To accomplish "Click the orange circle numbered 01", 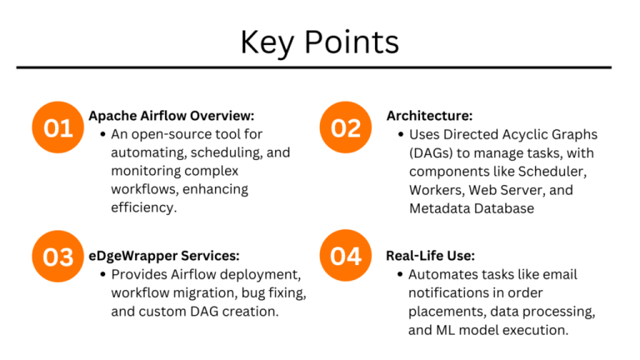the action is (58, 127).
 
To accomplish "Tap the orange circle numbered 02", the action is (346, 127).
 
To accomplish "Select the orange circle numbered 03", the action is (58, 257).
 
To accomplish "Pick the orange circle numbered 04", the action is (346, 256).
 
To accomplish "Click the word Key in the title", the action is (267, 42).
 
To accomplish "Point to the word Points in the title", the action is (352, 42).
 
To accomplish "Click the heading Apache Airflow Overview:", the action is (172, 116).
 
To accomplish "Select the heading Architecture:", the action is (429, 116).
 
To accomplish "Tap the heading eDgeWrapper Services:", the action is (164, 256).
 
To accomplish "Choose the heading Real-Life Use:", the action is (431, 256).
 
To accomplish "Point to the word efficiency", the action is (143, 207).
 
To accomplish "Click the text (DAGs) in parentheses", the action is (431, 153).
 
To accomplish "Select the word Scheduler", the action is (552, 172).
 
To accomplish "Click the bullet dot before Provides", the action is (102, 274).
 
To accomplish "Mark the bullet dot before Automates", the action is (400, 274).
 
